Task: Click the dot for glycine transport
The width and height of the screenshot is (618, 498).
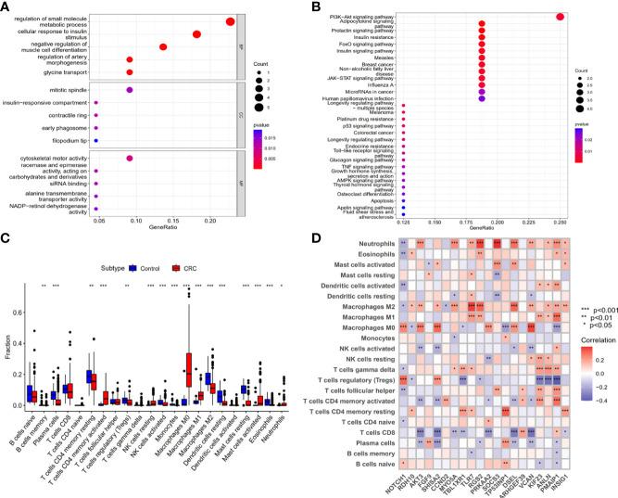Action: click(130, 71)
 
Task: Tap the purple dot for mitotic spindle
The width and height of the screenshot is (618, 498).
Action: click(130, 89)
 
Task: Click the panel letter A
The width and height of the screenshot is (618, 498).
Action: click(6, 7)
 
